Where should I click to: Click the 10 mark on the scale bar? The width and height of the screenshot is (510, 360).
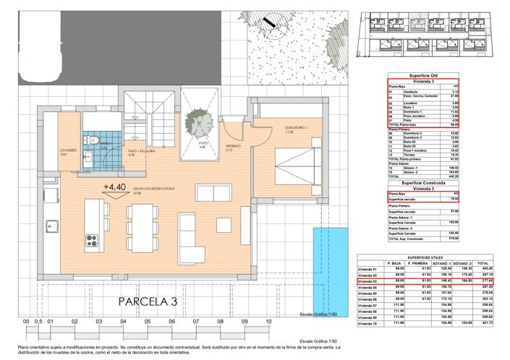pyautogui.click(x=268, y=321)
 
